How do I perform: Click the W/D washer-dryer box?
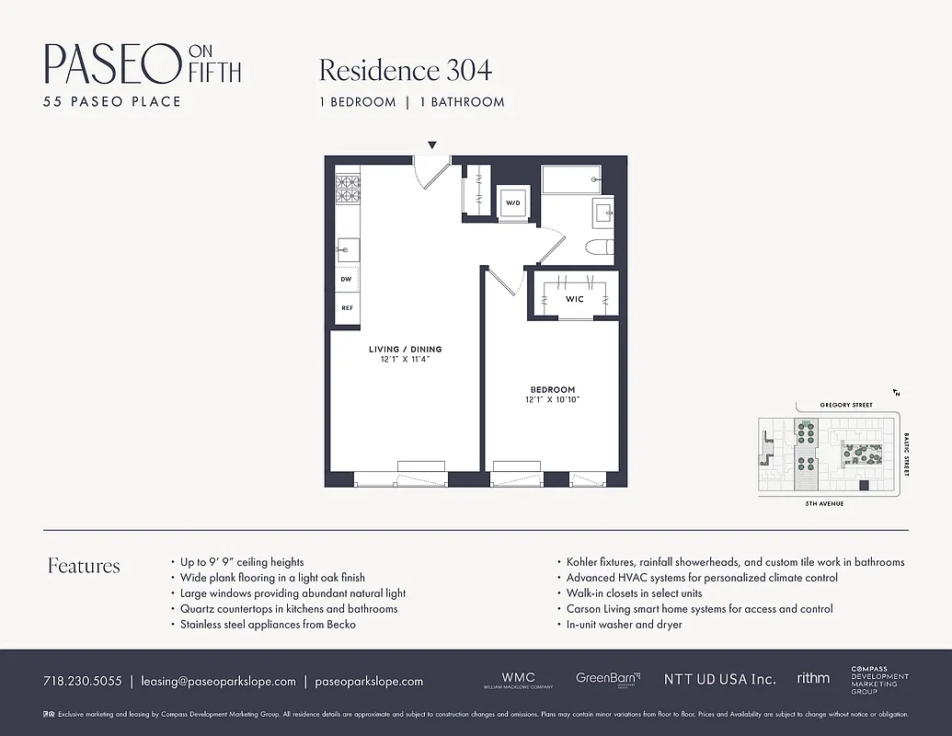pyautogui.click(x=512, y=202)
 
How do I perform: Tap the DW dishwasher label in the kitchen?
pyautogui.click(x=347, y=279)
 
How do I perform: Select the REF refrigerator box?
pyautogui.click(x=347, y=307)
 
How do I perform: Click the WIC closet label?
pyautogui.click(x=574, y=299)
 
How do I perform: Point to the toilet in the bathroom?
pyautogui.click(x=599, y=247)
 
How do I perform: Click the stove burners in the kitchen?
pyautogui.click(x=347, y=189)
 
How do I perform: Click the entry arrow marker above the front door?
pyautogui.click(x=431, y=145)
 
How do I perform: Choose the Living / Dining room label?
pyautogui.click(x=405, y=350)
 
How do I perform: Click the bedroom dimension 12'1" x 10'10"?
pyautogui.click(x=552, y=400)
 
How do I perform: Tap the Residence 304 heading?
pyautogui.click(x=405, y=71)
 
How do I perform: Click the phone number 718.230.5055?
pyautogui.click(x=82, y=682)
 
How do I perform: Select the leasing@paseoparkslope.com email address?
pyautogui.click(x=218, y=682)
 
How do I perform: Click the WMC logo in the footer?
pyautogui.click(x=518, y=680)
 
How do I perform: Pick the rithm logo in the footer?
pyautogui.click(x=813, y=678)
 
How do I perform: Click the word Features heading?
pyautogui.click(x=84, y=566)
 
